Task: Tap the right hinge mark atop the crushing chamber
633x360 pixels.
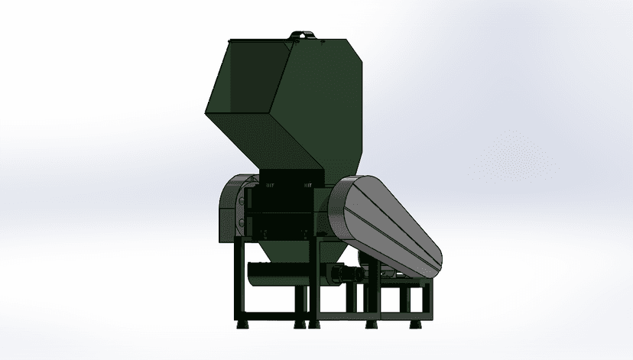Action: click(x=310, y=184)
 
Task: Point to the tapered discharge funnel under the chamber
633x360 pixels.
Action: click(x=280, y=248)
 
